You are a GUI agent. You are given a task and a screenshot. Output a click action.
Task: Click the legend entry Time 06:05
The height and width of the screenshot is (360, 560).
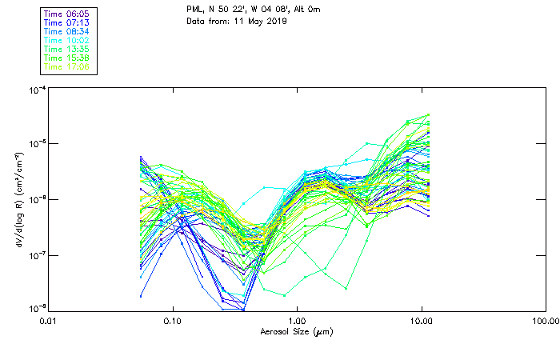click(x=67, y=14)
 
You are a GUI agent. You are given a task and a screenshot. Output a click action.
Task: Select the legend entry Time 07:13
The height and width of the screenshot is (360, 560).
click(x=67, y=22)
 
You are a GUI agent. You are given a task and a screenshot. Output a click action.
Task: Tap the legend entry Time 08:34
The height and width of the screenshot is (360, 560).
click(x=67, y=31)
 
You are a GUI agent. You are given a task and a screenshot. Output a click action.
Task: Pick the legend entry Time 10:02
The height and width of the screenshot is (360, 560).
click(x=67, y=40)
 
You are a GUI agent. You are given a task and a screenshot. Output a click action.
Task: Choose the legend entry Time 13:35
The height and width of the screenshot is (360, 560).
click(x=67, y=49)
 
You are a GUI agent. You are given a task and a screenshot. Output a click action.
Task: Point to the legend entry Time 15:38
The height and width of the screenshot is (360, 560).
click(x=67, y=58)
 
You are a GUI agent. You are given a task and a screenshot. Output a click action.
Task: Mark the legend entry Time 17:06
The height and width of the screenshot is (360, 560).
click(x=67, y=66)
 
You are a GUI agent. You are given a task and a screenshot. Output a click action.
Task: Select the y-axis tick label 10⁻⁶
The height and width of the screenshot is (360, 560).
click(x=35, y=199)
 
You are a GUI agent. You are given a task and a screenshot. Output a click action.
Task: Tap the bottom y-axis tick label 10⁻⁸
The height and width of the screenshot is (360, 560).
click(x=35, y=309)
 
